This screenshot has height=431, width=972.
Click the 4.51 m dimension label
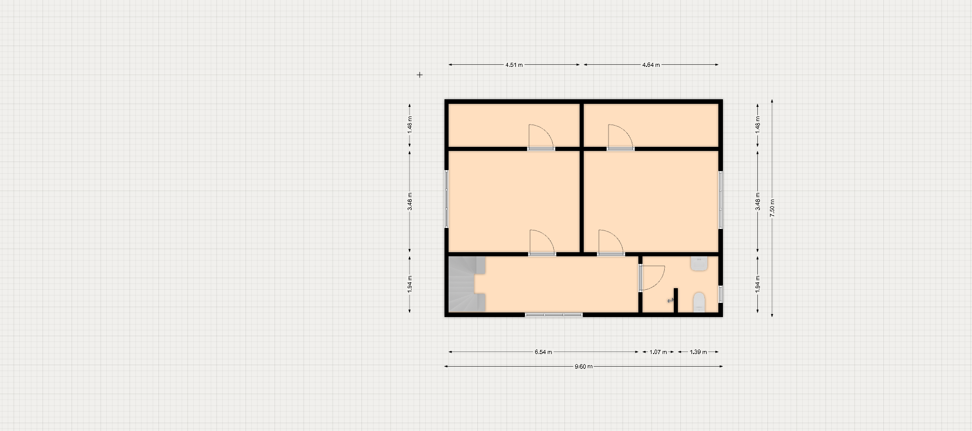(514, 65)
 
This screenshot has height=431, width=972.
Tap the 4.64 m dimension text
(651, 65)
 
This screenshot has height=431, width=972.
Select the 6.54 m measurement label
(543, 352)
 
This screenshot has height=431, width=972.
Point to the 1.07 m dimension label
(658, 352)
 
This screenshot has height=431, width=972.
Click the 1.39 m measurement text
(698, 352)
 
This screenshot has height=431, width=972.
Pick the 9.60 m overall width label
(583, 366)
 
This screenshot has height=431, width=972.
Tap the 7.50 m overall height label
(772, 208)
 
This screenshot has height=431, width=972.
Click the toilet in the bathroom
(699, 302)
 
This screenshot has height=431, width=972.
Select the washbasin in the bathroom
(699, 263)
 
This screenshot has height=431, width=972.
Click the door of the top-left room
(541, 137)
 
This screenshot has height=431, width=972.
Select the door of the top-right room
(621, 137)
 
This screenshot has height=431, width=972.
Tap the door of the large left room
(542, 242)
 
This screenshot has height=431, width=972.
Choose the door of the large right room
(611, 242)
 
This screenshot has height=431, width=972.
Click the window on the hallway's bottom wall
(554, 315)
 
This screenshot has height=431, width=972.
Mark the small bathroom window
(720, 294)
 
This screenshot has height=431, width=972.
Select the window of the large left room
(447, 199)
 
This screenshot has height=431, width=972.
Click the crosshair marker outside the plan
(420, 75)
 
